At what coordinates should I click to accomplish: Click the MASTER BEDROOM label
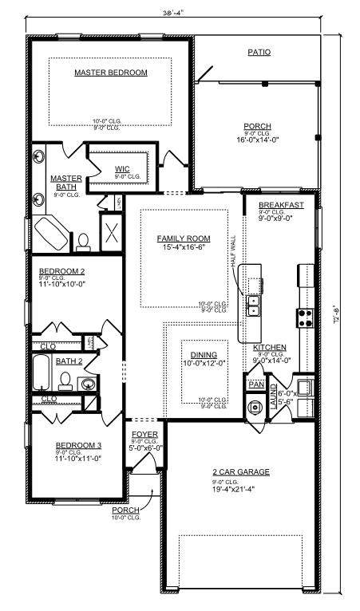click(111, 73)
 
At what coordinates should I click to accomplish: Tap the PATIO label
click(258, 53)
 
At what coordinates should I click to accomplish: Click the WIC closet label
click(122, 168)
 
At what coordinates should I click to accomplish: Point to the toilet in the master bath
click(82, 239)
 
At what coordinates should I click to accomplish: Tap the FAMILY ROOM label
click(183, 238)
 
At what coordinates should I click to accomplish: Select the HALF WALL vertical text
click(233, 251)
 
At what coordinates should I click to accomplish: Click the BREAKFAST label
click(281, 205)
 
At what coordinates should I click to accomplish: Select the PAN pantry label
click(255, 384)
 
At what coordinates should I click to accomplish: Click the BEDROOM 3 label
click(78, 446)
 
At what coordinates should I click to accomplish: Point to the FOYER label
click(144, 434)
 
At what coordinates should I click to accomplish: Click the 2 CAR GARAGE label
click(241, 472)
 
